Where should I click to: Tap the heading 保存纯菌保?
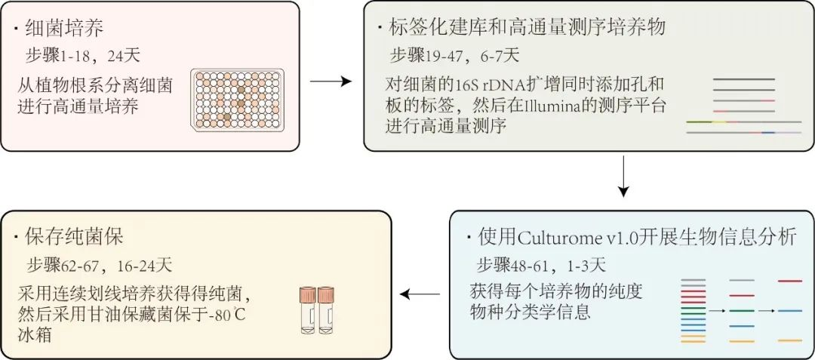click(75, 237)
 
